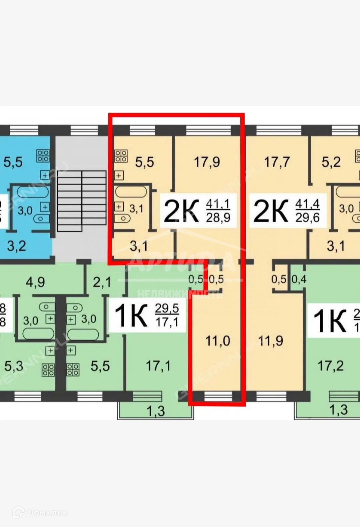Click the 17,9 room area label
(x=207, y=162)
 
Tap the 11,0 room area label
(x=218, y=341)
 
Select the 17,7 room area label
(x=276, y=162)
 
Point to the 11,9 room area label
(x=271, y=341)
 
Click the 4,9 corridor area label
(x=35, y=282)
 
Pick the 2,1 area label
(x=102, y=282)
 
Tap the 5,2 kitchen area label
(x=331, y=162)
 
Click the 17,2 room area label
(x=330, y=366)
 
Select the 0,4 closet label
(x=299, y=279)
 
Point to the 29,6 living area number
(x=307, y=218)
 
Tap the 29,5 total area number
(x=167, y=308)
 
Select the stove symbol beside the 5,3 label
(x=48, y=370)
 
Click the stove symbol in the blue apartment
(x=43, y=156)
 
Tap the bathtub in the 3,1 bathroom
(x=131, y=192)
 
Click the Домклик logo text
(x=47, y=512)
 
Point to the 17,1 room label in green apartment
(x=158, y=366)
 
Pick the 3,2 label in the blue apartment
(x=16, y=246)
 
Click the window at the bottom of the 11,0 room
(x=218, y=396)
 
